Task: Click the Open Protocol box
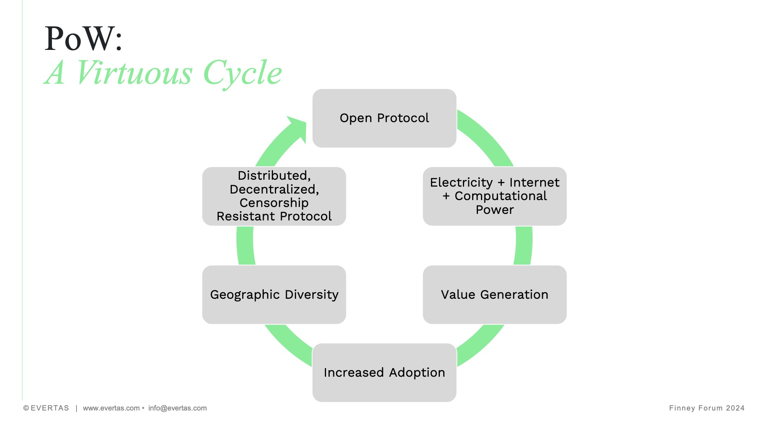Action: coord(384,118)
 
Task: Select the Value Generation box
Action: coord(494,295)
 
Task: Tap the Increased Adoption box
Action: coord(384,372)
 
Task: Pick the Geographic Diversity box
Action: coord(274,295)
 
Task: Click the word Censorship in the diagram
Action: coord(274,203)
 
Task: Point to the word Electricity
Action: coord(461,182)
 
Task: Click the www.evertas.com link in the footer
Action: coord(111,408)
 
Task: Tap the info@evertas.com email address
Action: coord(177,408)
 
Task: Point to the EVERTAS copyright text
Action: coord(46,408)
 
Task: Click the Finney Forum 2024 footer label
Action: coord(706,408)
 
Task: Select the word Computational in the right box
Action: coord(500,196)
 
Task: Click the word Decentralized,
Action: coord(274,189)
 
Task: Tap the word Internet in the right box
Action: coord(534,182)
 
